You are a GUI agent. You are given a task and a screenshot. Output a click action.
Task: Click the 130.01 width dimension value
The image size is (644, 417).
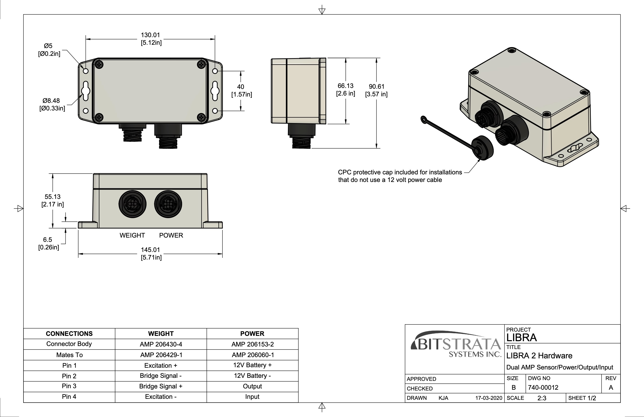150,35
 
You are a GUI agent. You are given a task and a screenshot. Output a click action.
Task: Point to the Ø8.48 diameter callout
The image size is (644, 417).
51,101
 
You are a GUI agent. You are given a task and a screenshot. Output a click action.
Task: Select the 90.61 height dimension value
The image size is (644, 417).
376,87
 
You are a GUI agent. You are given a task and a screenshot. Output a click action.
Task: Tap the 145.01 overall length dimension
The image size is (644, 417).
150,250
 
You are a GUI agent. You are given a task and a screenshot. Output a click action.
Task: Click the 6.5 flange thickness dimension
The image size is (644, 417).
47,240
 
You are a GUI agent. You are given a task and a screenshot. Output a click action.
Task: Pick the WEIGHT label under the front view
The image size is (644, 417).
132,235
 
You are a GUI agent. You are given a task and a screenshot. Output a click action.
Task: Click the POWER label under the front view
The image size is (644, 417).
171,235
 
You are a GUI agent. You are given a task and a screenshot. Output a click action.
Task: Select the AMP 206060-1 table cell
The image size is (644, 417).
253,355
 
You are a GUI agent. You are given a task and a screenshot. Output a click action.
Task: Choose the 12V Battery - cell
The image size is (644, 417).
253,376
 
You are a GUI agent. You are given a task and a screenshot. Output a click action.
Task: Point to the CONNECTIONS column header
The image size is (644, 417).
69,334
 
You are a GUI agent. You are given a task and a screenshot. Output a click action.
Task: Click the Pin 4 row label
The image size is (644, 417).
69,397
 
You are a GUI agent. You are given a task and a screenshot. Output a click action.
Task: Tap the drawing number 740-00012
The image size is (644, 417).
543,387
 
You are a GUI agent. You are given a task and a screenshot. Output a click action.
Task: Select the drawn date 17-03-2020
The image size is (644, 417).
489,398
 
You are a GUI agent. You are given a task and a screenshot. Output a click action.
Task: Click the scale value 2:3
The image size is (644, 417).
542,398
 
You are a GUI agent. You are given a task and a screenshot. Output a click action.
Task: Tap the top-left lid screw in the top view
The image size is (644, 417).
100,65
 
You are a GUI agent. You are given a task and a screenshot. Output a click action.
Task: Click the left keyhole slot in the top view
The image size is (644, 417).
86,91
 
